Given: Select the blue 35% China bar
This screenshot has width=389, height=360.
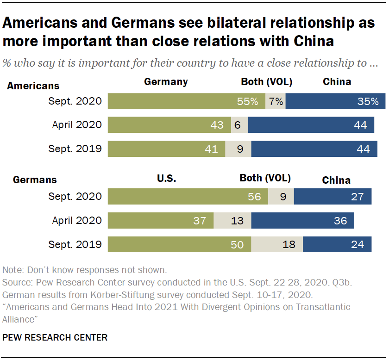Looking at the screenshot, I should pyautogui.click(x=335, y=101).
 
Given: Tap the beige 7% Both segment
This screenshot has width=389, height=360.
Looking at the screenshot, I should pyautogui.click(x=275, y=101).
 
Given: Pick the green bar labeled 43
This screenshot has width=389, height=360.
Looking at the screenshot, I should pyautogui.click(x=169, y=125).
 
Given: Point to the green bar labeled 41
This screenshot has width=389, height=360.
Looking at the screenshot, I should pyautogui.click(x=166, y=149).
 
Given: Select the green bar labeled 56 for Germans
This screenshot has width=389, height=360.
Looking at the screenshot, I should pyautogui.click(x=188, y=196).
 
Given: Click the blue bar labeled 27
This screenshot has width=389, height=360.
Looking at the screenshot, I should pyautogui.click(x=333, y=196).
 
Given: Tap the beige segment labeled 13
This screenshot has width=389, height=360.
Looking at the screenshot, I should pyautogui.click(x=232, y=220).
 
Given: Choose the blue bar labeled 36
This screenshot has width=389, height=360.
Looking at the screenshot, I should pyautogui.click(x=302, y=220).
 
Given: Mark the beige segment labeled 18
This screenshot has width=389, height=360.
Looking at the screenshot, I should pyautogui.click(x=277, y=244).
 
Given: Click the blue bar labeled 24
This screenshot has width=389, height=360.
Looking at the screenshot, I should pyautogui.click(x=337, y=244).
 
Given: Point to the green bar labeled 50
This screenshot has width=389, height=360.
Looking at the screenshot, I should pyautogui.click(x=179, y=244).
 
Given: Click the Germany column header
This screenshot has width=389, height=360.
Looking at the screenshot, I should pyautogui.click(x=166, y=82).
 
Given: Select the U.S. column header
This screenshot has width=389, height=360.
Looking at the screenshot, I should pyautogui.click(x=167, y=178).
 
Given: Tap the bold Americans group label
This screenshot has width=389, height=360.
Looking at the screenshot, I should pyautogui.click(x=33, y=86).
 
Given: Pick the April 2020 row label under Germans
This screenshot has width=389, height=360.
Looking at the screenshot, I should pyautogui.click(x=77, y=220).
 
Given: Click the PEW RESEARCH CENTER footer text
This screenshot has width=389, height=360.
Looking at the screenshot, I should pyautogui.click(x=55, y=337).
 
